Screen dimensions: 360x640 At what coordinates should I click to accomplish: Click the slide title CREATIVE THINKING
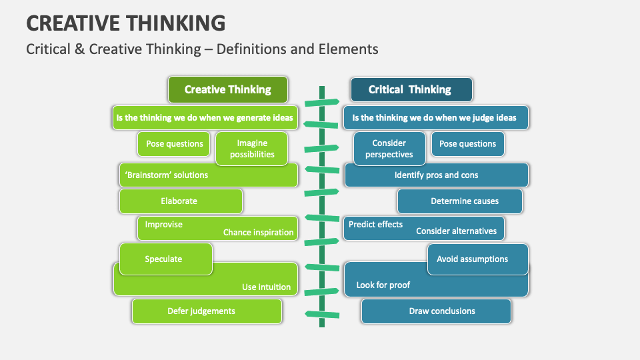[125, 23]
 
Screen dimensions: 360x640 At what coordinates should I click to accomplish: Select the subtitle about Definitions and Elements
[202, 49]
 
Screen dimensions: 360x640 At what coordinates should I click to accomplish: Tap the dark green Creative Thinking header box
[227, 89]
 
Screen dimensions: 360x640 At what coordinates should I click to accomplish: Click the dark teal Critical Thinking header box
[410, 89]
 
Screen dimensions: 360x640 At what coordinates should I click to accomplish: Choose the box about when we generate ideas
[204, 118]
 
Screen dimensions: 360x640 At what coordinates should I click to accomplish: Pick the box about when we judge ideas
[435, 118]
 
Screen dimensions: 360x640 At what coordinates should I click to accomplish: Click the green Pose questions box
[174, 143]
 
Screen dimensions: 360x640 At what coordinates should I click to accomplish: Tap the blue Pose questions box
[467, 143]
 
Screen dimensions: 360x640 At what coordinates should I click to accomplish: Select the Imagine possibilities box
[251, 149]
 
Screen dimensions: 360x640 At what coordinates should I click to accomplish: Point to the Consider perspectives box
[389, 149]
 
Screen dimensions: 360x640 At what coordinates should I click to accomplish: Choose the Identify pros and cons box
[436, 175]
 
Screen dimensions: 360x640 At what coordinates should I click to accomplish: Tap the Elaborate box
[179, 201]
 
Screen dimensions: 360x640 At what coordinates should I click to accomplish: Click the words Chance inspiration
[258, 233]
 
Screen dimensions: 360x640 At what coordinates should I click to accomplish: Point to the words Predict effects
[376, 225]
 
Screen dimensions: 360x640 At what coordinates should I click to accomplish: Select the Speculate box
[164, 259]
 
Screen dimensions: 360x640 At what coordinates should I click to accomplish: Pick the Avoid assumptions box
[472, 259]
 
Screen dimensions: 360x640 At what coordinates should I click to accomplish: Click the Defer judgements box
[201, 311]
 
